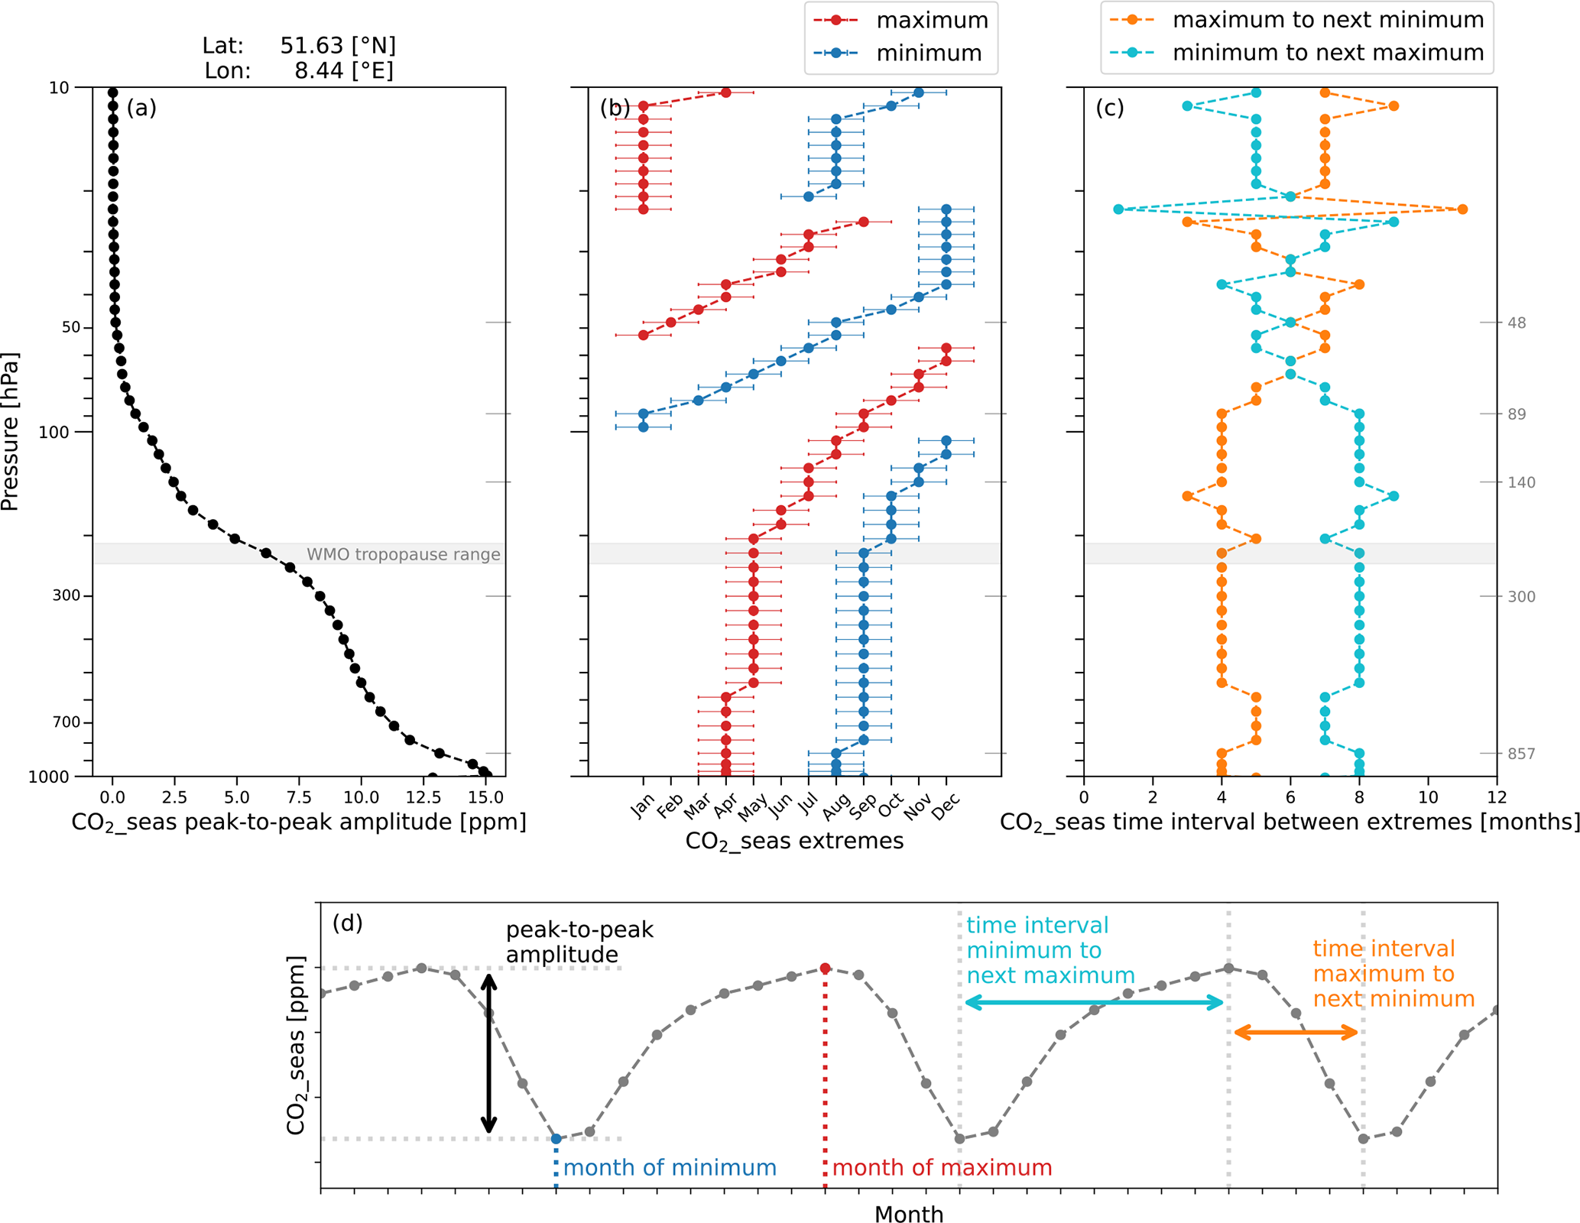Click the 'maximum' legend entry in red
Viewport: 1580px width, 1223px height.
[931, 20]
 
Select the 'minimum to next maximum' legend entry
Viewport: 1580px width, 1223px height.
[1327, 53]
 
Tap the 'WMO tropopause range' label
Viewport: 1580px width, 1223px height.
[403, 554]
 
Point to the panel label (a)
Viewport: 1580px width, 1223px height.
[141, 108]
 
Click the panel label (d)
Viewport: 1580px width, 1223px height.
[347, 923]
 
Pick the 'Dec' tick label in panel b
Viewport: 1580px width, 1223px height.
[946, 806]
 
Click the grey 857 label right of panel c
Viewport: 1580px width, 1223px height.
[1520, 754]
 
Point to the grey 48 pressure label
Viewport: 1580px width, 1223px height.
[1517, 323]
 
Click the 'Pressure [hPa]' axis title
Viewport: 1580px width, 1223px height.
[10, 431]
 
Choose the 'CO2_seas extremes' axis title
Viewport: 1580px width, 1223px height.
[793, 842]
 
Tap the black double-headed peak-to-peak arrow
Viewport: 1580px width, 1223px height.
[489, 1053]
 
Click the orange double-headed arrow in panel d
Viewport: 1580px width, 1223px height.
[1296, 1033]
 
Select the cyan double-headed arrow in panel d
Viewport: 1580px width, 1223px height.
[1094, 1002]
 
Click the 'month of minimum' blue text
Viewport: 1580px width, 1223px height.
[670, 1168]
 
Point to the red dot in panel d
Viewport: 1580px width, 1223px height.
[825, 968]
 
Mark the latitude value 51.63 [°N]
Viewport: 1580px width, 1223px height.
[338, 46]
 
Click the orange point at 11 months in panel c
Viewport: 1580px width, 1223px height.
[1462, 209]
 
